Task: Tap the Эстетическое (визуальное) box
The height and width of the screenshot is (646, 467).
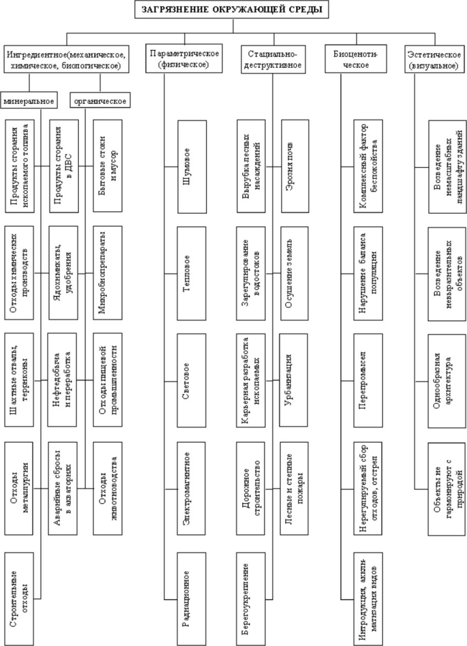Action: tap(432, 60)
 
